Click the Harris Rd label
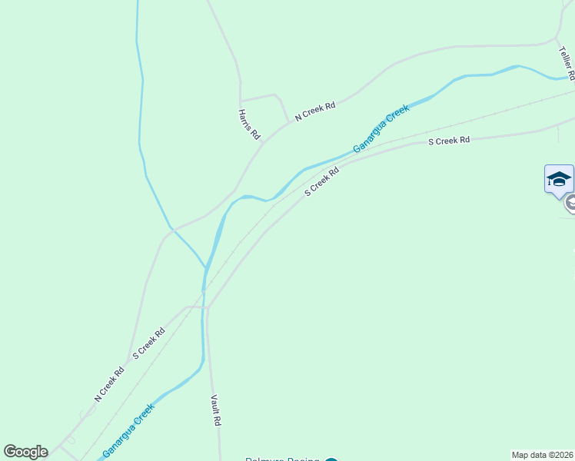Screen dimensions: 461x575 tap(248, 124)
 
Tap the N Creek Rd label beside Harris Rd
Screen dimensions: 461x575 tap(315, 110)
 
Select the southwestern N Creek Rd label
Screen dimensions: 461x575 tap(109, 385)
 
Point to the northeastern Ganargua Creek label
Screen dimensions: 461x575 tap(381, 128)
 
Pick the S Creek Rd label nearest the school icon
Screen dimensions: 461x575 tap(448, 141)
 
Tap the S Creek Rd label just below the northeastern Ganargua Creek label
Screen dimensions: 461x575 tap(322, 182)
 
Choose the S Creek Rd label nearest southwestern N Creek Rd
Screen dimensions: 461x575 tap(148, 343)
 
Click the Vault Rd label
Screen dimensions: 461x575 tap(217, 411)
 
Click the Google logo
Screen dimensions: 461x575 tap(25, 452)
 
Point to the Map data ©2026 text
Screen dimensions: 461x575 tap(543, 455)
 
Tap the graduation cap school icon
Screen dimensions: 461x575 tap(559, 180)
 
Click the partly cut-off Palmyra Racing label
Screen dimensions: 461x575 tap(281, 459)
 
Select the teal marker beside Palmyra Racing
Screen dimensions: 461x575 tap(331, 459)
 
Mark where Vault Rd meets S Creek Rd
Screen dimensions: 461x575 tap(208, 308)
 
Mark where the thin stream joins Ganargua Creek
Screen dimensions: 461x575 tap(206, 268)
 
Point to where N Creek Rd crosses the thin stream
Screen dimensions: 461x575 tap(173, 229)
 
